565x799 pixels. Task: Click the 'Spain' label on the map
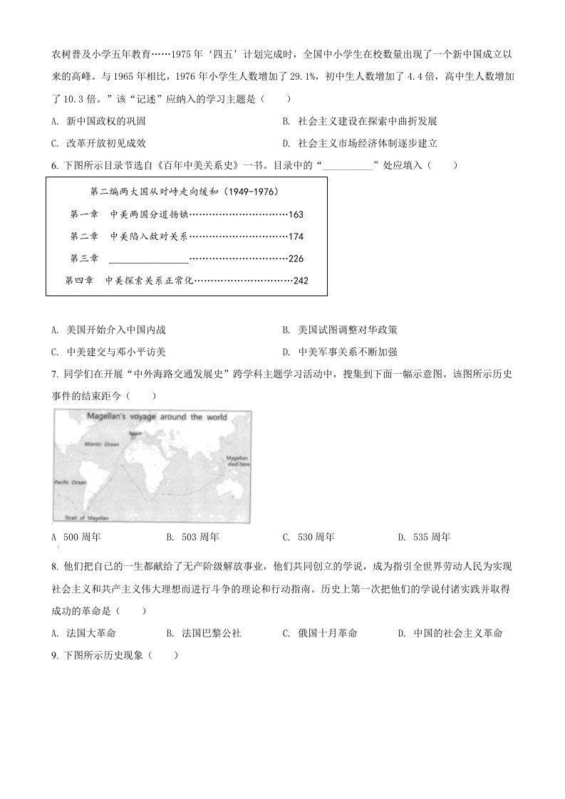135,432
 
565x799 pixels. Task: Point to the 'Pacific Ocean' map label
70,482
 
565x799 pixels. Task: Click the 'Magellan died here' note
237,459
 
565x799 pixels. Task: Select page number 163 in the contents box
296,214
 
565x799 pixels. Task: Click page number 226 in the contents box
296,258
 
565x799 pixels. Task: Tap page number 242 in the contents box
300,281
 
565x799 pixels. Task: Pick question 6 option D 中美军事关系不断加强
347,351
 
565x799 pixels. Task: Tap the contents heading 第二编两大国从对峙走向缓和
184,192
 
